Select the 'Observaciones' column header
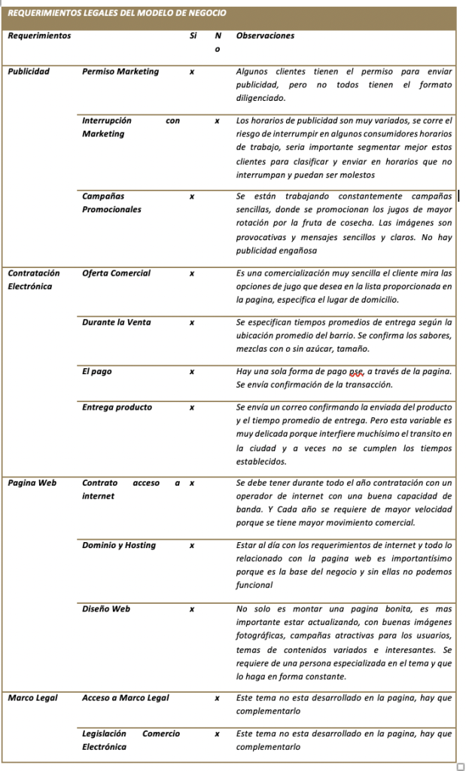[265, 35]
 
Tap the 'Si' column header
[193, 35]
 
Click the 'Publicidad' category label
[29, 72]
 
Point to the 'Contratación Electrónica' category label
[34, 279]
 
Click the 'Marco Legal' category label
[31, 698]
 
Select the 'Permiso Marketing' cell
[120, 72]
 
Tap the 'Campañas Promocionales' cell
[111, 203]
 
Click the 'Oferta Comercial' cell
[116, 273]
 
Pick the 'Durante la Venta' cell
[116, 322]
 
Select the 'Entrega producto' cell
[117, 407]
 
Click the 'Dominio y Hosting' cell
[118, 545]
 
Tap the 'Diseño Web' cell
[106, 608]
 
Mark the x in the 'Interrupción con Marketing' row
[217, 120]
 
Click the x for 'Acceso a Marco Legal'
[217, 698]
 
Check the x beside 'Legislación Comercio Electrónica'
[217, 733]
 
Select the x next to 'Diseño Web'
[192, 608]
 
